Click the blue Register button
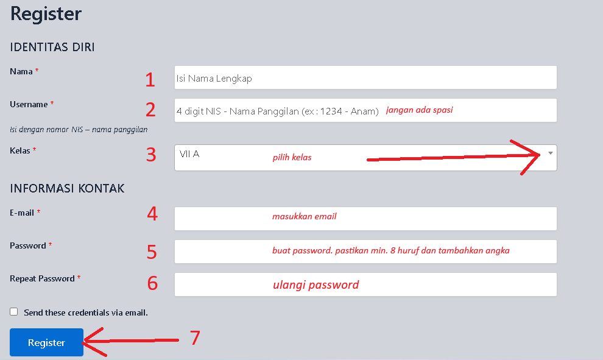(x=46, y=342)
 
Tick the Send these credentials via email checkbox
(x=14, y=311)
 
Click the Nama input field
(x=365, y=78)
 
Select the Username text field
(x=365, y=110)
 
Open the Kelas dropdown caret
(x=551, y=153)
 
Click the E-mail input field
(x=365, y=219)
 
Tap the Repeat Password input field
(x=365, y=284)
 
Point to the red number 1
(x=150, y=80)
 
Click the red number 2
(x=150, y=110)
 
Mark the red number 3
(x=151, y=155)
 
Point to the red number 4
(x=152, y=213)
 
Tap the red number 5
(x=152, y=252)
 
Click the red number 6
(x=153, y=283)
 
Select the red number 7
(x=195, y=337)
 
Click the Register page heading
(x=46, y=14)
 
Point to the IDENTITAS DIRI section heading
(x=52, y=47)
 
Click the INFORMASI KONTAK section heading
(x=67, y=188)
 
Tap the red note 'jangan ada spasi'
(x=420, y=110)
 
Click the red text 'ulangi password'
(x=316, y=285)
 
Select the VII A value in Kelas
(x=189, y=154)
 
